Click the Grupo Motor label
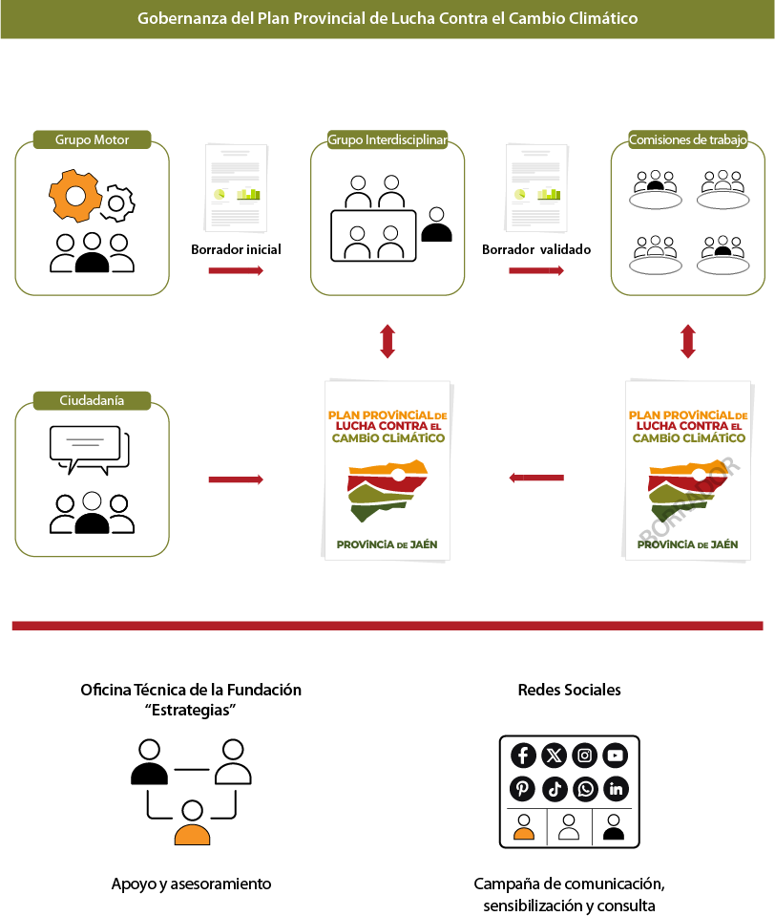point(92,139)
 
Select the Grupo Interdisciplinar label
point(387,139)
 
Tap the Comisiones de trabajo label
point(687,139)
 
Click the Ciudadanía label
point(92,400)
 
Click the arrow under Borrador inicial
point(236,271)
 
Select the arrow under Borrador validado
point(535,271)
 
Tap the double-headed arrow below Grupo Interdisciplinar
point(387,341)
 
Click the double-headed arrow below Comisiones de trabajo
point(687,341)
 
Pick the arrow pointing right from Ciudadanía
point(236,478)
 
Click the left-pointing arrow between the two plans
point(535,478)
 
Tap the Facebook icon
point(523,756)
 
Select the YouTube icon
point(616,756)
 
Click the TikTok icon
point(555,789)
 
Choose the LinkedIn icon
point(616,789)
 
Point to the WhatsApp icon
point(585,789)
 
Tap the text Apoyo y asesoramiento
point(191,884)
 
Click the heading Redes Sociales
point(569,690)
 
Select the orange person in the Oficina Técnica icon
point(192,824)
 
